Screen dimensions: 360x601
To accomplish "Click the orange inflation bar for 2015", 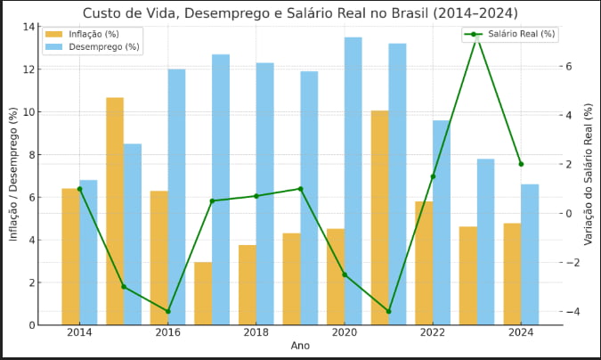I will tap(115, 210).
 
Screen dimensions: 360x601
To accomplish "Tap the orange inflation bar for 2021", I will tap(380, 217).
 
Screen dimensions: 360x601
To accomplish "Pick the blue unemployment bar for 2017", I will tap(221, 189).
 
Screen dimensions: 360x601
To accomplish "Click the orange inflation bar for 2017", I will tap(203, 293).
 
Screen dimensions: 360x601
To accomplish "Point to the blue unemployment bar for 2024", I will tap(530, 254).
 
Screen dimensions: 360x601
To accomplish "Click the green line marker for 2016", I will tap(168, 311).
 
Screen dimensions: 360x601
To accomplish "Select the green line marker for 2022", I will tap(433, 176).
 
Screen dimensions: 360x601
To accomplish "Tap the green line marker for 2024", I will tap(521, 164).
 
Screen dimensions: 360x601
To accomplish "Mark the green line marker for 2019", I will tap(300, 189).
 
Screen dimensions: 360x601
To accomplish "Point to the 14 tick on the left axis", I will tap(29, 27).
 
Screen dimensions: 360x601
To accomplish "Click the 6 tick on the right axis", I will tap(567, 66).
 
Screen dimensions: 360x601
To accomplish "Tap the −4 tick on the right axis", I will tap(571, 311).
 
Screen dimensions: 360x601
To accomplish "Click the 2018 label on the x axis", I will tap(256, 332).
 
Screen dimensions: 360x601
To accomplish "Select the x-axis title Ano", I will tap(300, 346).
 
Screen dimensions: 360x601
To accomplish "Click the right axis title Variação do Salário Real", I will tap(589, 175).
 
